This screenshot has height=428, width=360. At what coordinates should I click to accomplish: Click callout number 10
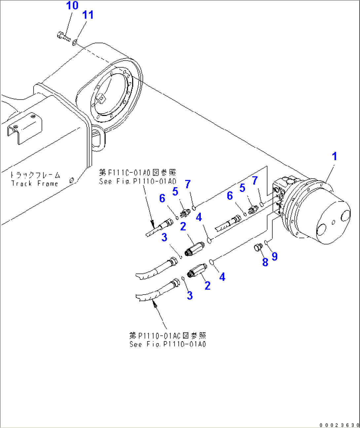click(72, 6)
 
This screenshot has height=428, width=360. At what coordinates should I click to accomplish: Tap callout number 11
click(88, 15)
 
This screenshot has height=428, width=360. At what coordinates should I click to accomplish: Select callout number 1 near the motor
click(334, 156)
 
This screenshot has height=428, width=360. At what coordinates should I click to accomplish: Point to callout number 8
click(265, 262)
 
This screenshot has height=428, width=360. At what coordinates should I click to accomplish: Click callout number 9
click(274, 256)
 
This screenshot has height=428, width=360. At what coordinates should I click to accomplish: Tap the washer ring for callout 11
click(75, 42)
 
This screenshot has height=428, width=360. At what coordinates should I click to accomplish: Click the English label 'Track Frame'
click(35, 184)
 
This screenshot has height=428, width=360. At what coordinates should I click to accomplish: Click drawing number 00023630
click(339, 425)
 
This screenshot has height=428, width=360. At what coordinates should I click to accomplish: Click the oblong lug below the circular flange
click(98, 139)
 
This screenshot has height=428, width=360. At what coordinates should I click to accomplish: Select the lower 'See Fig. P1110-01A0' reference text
click(168, 344)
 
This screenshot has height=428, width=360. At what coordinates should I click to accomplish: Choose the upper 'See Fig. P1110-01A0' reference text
click(138, 181)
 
